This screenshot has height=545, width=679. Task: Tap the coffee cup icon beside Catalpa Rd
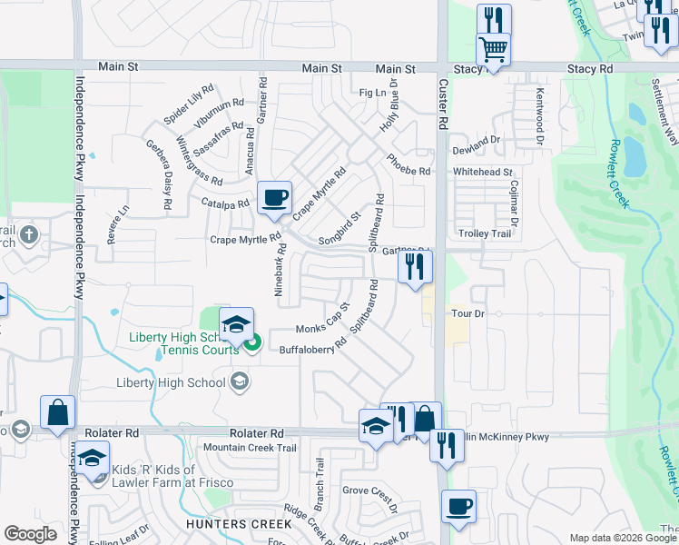(x=274, y=197)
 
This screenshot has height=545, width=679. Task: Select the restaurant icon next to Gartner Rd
(x=415, y=267)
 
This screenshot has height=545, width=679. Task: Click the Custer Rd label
(x=444, y=103)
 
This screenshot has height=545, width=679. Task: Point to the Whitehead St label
(x=483, y=172)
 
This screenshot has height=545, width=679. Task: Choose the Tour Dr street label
(x=469, y=314)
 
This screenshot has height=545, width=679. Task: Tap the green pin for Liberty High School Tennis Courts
(x=253, y=342)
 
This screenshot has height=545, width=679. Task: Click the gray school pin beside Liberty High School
(x=239, y=382)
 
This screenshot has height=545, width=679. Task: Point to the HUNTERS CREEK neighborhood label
(x=239, y=524)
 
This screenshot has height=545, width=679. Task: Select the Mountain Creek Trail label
(x=250, y=448)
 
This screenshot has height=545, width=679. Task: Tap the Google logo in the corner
(x=31, y=534)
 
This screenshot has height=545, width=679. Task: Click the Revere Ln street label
(x=114, y=224)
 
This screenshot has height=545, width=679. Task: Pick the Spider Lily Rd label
(x=188, y=104)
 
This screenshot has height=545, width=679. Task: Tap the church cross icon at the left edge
(x=30, y=236)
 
